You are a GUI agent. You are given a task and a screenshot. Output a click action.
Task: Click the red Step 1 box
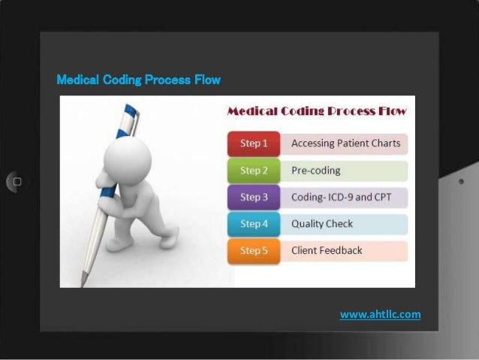click(x=254, y=143)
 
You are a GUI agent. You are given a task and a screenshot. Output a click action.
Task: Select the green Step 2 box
click(x=254, y=170)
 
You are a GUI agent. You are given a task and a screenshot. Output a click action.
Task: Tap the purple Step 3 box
click(x=254, y=197)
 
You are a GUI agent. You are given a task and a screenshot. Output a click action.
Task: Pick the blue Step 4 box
click(x=254, y=224)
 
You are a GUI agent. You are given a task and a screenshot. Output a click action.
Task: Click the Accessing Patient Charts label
click(x=345, y=143)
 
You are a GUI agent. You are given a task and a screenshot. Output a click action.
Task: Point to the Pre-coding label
click(x=315, y=170)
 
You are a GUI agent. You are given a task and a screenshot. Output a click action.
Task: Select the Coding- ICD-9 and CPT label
click(x=342, y=197)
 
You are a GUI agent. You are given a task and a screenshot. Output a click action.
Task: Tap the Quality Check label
click(x=321, y=224)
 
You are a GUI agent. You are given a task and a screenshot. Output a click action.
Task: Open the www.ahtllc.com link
click(x=380, y=314)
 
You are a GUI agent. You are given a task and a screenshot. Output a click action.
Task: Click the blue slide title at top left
click(x=139, y=80)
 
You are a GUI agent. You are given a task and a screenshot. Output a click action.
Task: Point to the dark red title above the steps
click(x=316, y=111)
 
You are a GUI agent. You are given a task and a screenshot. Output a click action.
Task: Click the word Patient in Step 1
click(x=356, y=143)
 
